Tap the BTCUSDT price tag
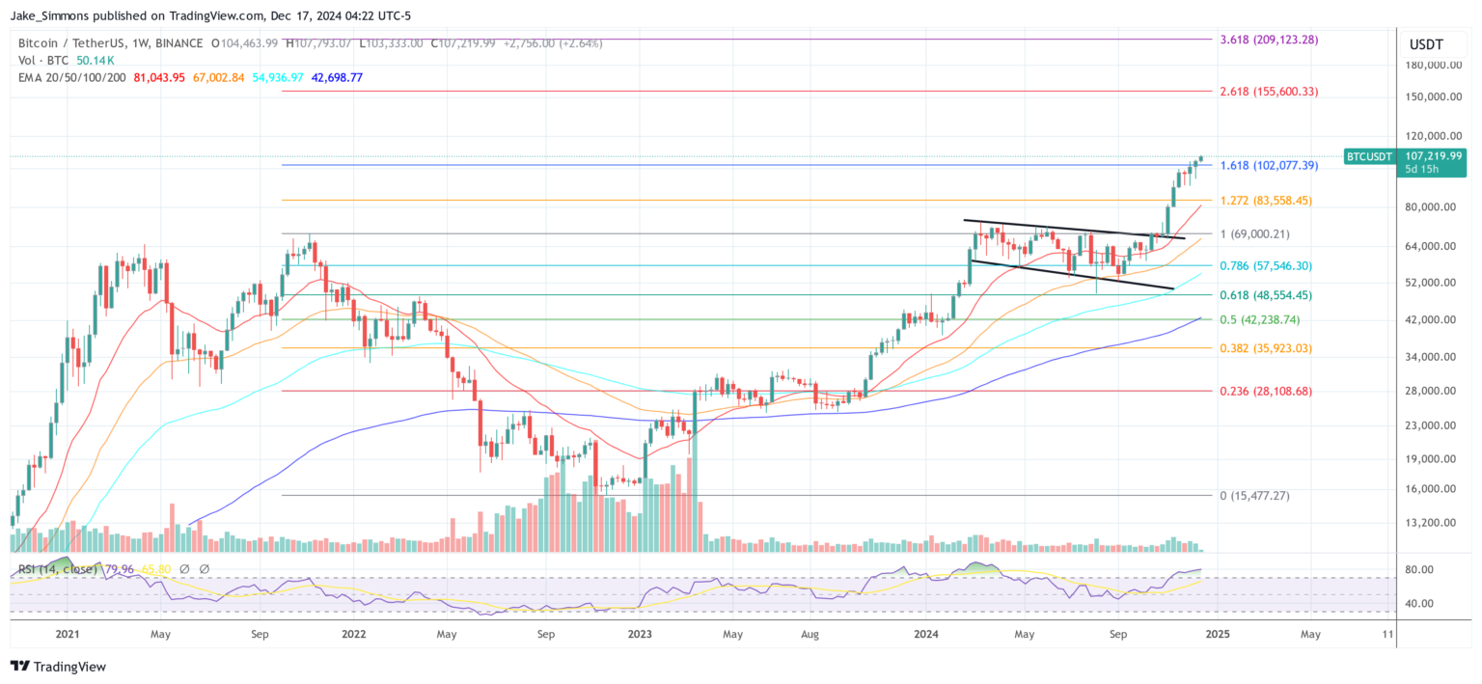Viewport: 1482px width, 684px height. (x=1370, y=156)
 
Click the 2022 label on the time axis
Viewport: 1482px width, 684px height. (x=354, y=634)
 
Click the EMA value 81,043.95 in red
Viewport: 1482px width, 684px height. (x=160, y=77)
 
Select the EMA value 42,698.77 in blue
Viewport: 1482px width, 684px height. (x=337, y=77)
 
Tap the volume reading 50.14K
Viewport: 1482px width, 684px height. (x=96, y=60)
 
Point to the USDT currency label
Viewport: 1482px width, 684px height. (x=1425, y=43)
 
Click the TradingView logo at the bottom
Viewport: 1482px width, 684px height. (x=58, y=667)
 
